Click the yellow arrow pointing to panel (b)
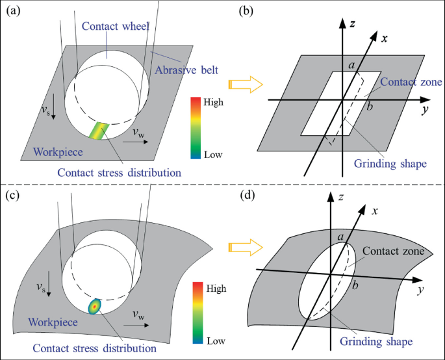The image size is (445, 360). [244, 84]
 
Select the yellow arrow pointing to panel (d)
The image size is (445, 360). [244, 248]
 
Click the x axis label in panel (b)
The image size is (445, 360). [385, 38]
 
